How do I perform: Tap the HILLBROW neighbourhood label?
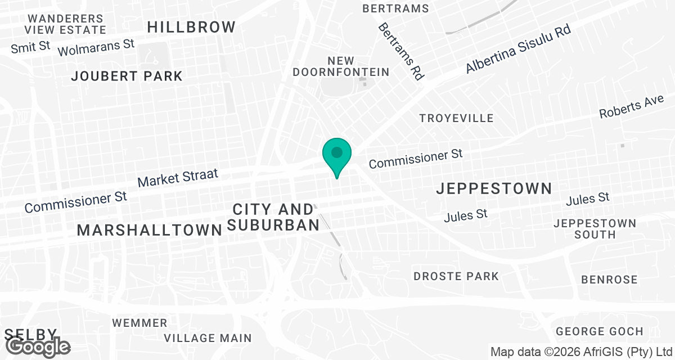click(191, 26)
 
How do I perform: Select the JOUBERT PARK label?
click(127, 76)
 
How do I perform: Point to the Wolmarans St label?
click(97, 47)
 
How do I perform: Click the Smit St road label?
click(31, 47)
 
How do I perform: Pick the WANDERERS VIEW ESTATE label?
click(65, 24)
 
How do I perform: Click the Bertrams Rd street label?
click(401, 51)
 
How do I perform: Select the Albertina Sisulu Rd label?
click(518, 49)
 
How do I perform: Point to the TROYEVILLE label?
click(457, 118)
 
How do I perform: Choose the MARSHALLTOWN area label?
click(150, 229)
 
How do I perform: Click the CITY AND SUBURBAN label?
click(273, 217)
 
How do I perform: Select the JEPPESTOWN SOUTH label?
click(595, 228)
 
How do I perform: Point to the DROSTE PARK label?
click(456, 276)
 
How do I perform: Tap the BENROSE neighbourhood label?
click(609, 280)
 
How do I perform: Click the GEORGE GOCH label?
click(599, 331)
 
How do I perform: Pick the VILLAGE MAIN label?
click(208, 338)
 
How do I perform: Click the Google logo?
click(38, 347)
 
